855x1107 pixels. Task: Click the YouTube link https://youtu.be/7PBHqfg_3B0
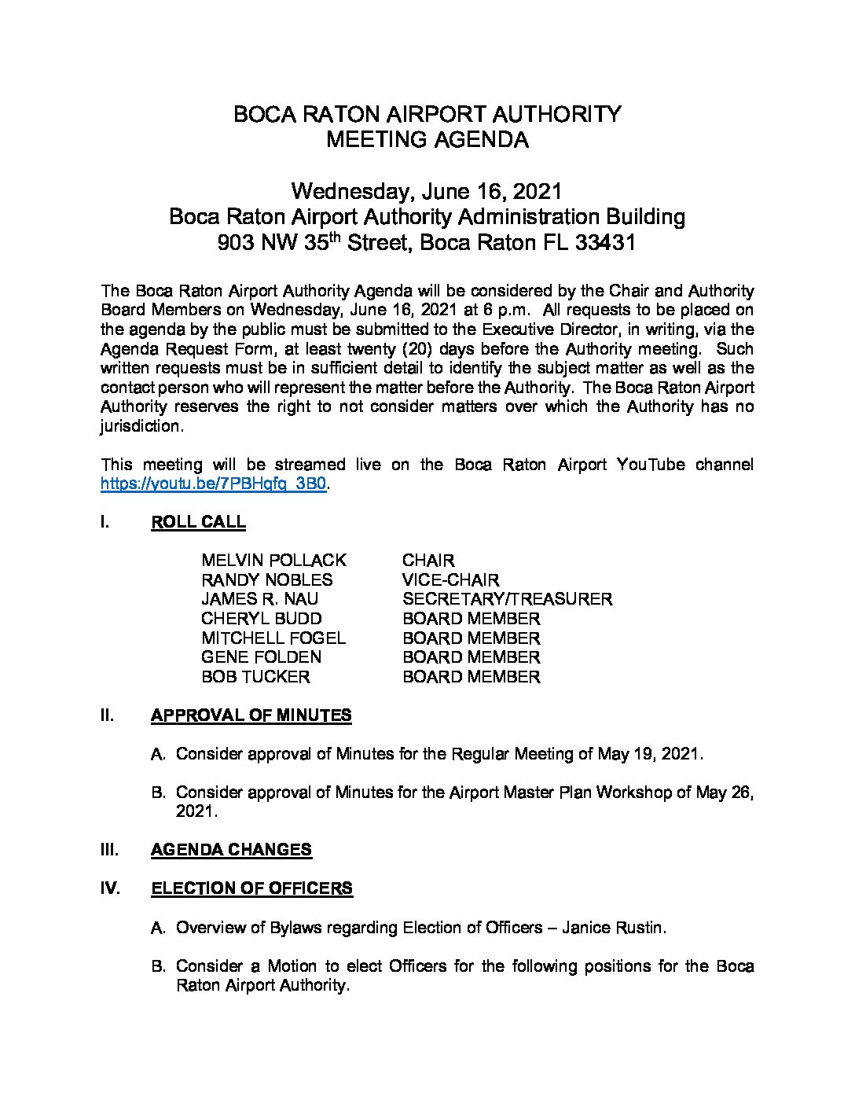(214, 484)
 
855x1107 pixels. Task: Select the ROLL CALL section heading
(198, 523)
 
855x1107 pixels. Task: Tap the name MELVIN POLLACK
(273, 561)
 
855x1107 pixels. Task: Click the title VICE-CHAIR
(450, 580)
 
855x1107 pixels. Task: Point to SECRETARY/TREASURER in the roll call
(507, 599)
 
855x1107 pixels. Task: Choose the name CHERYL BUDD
(261, 619)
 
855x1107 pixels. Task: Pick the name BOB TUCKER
(255, 677)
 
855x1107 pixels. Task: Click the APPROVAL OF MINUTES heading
(251, 715)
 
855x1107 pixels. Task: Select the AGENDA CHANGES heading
(231, 850)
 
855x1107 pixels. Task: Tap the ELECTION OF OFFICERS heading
(251, 888)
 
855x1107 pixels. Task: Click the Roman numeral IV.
(110, 888)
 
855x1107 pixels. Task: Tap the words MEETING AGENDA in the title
(427, 141)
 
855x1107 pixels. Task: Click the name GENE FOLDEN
(261, 657)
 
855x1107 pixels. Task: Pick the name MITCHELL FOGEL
(273, 638)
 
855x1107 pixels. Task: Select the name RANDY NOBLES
(266, 580)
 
